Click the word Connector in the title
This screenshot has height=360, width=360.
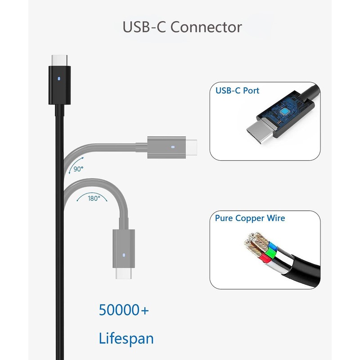click(207, 27)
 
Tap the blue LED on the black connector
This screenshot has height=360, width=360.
click(60, 78)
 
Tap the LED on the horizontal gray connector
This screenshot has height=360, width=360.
click(173, 147)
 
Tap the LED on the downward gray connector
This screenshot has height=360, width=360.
click(124, 255)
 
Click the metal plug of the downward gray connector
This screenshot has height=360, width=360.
click(124, 274)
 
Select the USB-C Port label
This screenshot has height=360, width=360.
click(238, 91)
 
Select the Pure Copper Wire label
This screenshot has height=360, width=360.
click(250, 218)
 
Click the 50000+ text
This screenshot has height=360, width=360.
click(124, 310)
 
